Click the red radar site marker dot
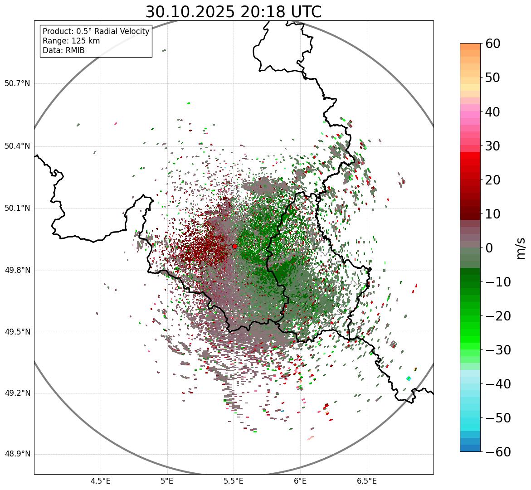click(x=234, y=246)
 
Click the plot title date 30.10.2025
click(x=189, y=12)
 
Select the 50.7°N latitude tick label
click(x=17, y=84)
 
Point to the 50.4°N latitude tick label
click(x=17, y=146)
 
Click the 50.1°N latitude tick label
click(x=17, y=209)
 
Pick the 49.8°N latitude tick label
click(x=17, y=271)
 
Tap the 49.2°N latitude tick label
click(x=17, y=393)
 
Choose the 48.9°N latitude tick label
click(x=17, y=454)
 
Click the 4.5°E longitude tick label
click(x=101, y=480)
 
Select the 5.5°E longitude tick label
click(x=234, y=480)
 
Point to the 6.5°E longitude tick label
click(x=367, y=480)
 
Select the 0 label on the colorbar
click(x=489, y=248)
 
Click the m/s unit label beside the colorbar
click(x=521, y=248)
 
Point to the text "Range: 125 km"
click(x=71, y=41)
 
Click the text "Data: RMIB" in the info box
click(x=63, y=50)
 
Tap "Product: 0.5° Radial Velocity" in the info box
click(x=96, y=31)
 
